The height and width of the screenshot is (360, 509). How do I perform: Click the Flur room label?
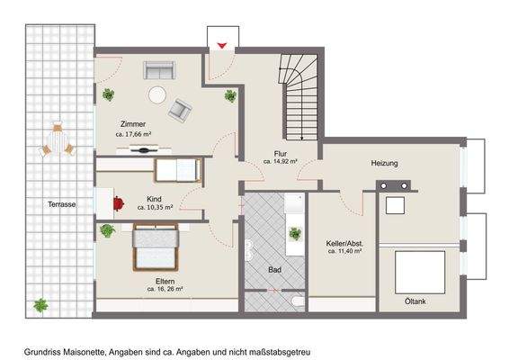[280, 153]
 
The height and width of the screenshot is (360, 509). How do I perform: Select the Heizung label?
[384, 163]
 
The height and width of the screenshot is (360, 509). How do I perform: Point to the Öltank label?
[415, 300]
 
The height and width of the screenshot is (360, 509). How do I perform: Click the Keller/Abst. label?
[344, 243]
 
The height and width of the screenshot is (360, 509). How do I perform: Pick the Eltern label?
[165, 281]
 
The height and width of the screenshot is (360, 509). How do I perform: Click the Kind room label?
[155, 197]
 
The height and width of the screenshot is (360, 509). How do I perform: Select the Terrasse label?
[61, 205]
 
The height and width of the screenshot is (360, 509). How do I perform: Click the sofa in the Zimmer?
[159, 70]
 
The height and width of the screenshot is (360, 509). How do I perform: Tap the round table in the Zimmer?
[157, 92]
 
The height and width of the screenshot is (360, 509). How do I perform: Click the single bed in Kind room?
[176, 168]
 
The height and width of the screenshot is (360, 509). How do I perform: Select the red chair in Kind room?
[120, 203]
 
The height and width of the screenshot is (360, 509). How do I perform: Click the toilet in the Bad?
[297, 299]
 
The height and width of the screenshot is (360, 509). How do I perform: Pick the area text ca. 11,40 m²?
[344, 252]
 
